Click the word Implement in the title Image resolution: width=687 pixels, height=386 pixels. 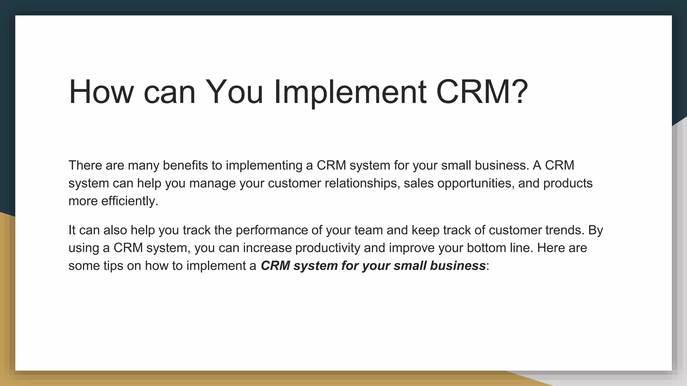(350, 92)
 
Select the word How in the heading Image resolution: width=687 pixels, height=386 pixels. (101, 92)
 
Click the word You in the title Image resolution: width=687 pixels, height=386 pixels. (234, 92)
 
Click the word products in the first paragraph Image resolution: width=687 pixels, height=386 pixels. (568, 183)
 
